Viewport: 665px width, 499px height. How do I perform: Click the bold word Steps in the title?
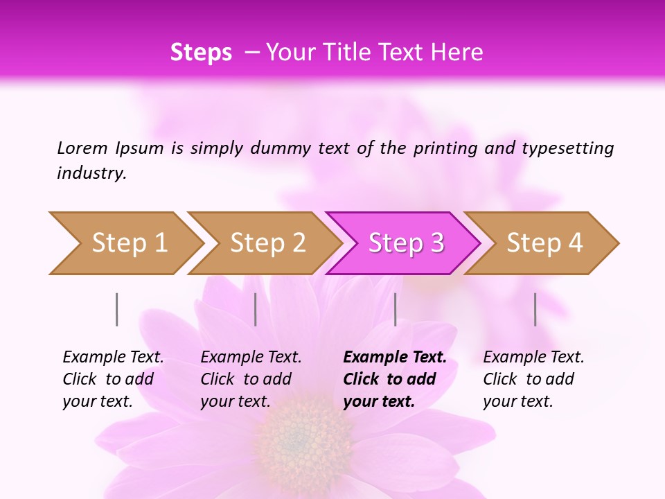[x=201, y=53]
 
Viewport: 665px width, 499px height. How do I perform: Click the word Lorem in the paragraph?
[x=82, y=148]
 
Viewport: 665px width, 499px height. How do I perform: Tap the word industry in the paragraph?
[x=91, y=173]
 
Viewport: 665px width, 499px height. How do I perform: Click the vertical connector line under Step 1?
[x=117, y=309]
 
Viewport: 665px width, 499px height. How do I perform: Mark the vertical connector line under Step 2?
[x=256, y=309]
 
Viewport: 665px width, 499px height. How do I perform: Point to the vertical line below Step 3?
[x=395, y=309]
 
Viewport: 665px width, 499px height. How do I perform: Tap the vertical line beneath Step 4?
[x=535, y=309]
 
